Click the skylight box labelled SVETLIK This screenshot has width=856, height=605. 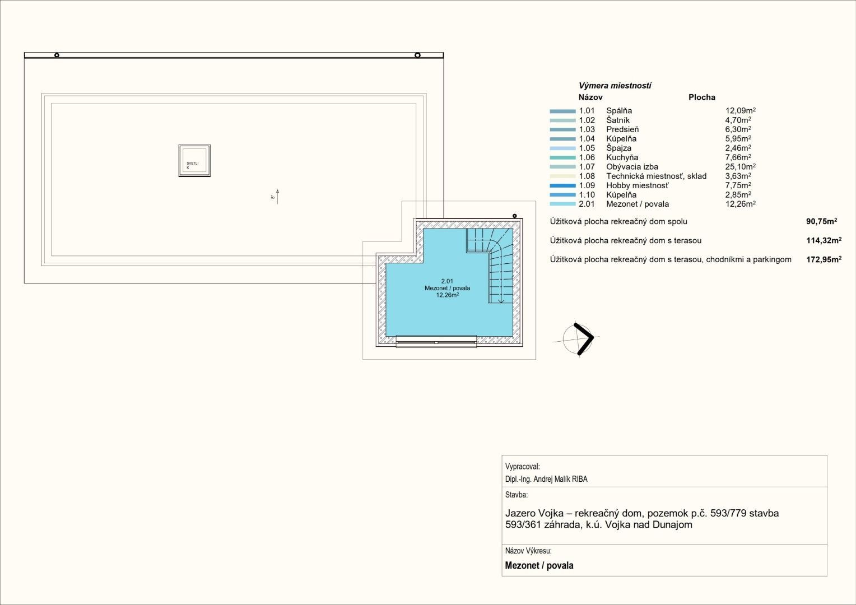(x=194, y=161)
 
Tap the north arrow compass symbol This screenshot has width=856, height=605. (x=577, y=339)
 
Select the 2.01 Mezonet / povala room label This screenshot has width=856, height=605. (x=447, y=288)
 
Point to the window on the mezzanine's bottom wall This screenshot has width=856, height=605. (x=436, y=341)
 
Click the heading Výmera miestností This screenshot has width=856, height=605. (x=615, y=86)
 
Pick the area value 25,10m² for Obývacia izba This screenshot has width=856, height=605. (x=740, y=166)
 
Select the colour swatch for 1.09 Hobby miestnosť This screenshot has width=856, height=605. (x=562, y=186)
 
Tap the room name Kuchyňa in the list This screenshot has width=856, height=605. (x=622, y=157)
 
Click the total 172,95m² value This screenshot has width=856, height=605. (x=824, y=259)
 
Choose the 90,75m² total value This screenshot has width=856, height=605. (x=822, y=221)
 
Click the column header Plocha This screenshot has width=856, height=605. (x=701, y=97)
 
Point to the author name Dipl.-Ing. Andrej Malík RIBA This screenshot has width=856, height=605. (x=546, y=479)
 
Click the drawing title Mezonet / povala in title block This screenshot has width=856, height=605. (x=539, y=565)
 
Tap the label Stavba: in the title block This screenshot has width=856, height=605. (x=517, y=495)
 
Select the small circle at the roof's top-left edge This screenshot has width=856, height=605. (x=57, y=55)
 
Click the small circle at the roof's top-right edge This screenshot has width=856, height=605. (x=417, y=55)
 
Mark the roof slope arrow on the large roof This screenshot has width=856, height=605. (x=277, y=197)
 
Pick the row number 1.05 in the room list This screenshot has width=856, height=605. (x=587, y=148)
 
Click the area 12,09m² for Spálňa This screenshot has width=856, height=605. (x=740, y=110)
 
